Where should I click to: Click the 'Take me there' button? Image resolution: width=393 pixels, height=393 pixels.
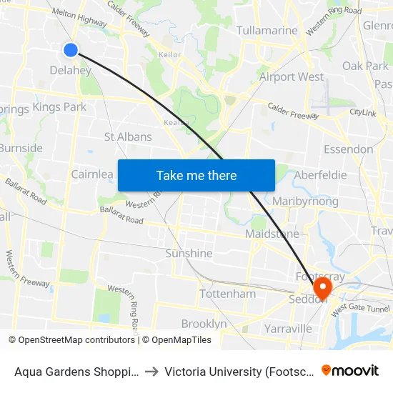[196, 175]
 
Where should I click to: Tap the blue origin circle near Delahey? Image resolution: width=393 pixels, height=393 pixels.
[70, 49]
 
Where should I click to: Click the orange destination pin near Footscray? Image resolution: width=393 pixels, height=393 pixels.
[323, 287]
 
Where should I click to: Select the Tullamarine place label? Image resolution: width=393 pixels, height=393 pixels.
[267, 31]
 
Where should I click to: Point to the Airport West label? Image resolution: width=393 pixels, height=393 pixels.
[292, 76]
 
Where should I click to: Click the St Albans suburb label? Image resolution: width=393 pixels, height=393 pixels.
[128, 136]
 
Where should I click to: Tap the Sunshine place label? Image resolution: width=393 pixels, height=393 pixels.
[189, 253]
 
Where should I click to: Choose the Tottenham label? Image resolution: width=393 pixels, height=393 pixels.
[227, 294]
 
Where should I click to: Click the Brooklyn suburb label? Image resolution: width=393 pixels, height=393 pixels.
[204, 324]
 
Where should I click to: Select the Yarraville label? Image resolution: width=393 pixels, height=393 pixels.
[288, 329]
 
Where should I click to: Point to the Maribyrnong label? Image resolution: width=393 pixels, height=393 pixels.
[305, 202]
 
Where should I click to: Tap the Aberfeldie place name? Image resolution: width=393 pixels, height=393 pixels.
[320, 175]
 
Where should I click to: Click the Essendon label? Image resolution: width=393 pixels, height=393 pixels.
[348, 149]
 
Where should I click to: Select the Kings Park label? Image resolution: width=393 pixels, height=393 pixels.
[59, 107]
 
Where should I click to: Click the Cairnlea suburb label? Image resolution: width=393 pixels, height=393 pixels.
[92, 174]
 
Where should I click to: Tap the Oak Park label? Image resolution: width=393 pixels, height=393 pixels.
[365, 66]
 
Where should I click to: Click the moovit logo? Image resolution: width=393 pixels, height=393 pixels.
[350, 370]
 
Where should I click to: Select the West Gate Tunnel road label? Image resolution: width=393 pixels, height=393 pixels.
[360, 308]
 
